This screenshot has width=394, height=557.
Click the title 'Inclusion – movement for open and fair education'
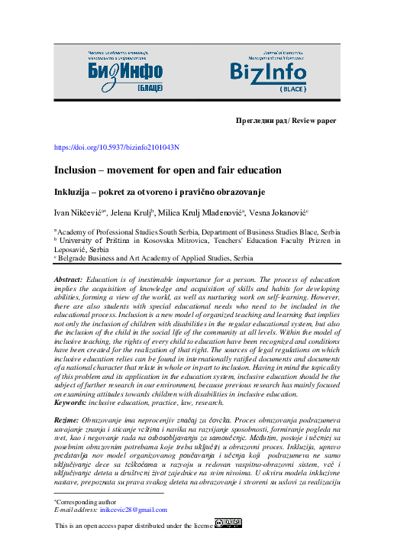[157, 170]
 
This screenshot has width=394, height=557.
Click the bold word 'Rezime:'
[67, 421]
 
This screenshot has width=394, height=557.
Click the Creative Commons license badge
[228, 523]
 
